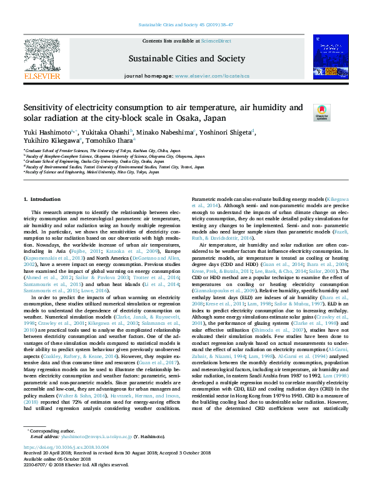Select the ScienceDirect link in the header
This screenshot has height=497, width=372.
point(216,41)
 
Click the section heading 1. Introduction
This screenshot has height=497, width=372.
point(41,199)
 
